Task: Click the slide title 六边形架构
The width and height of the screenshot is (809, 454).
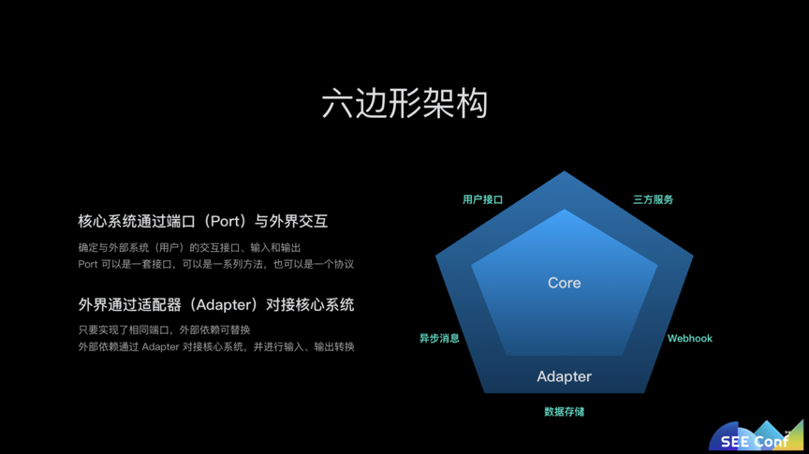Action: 404,103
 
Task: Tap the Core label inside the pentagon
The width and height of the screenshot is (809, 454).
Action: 564,283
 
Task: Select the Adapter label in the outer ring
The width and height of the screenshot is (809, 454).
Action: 564,376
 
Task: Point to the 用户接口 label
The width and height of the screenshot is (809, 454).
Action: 482,199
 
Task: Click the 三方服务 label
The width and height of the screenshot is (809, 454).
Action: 654,199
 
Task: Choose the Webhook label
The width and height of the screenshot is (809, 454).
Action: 690,339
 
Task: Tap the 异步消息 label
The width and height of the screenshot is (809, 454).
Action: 439,339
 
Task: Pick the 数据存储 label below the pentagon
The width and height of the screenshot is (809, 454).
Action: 564,412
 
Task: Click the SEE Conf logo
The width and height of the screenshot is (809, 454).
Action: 756,436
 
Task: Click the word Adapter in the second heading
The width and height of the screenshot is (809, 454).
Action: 223,305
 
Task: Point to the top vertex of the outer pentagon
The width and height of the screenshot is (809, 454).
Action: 564,171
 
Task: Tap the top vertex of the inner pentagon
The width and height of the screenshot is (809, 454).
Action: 564,209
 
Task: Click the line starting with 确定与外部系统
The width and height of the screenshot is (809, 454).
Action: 189,248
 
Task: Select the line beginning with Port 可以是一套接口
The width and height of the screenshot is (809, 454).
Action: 215,264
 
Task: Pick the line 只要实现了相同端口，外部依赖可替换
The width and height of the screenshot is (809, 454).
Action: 164,330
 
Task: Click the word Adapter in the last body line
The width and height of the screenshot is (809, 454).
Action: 160,346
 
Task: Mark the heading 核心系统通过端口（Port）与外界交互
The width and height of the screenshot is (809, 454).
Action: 203,221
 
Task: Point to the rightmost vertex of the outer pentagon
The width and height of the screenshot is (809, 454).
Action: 693,255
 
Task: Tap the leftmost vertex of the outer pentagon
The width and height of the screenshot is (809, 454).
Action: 436,255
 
